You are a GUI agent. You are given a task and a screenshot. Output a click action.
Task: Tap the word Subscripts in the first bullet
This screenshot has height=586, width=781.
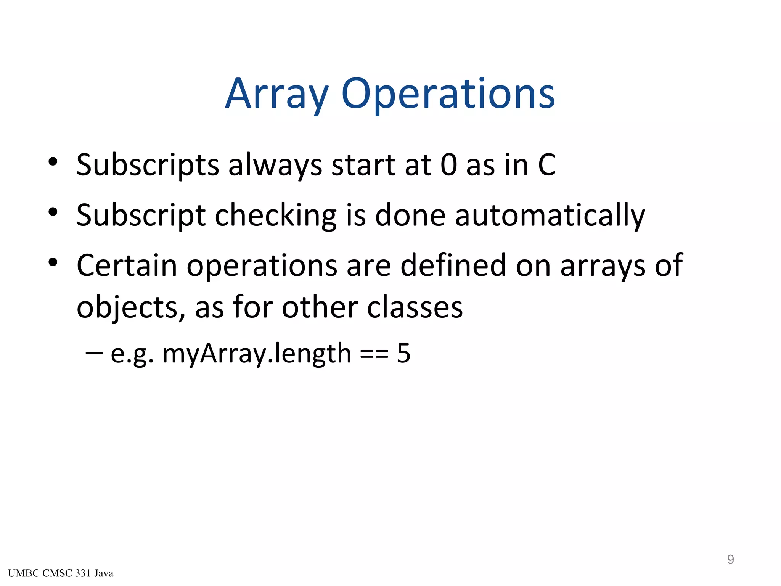(x=148, y=165)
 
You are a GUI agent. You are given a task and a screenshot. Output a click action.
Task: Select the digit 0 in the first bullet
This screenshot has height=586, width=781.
(x=448, y=165)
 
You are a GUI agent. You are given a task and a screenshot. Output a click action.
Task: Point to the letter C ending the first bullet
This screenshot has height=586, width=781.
(x=546, y=165)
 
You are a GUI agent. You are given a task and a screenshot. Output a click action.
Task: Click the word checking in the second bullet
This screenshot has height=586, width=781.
(x=276, y=215)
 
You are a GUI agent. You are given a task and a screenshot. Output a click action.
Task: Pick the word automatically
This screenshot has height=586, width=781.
(x=550, y=215)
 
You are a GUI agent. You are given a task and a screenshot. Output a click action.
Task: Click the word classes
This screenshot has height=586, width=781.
(x=415, y=307)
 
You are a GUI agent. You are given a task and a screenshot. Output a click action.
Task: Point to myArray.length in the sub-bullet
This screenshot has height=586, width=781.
(x=257, y=354)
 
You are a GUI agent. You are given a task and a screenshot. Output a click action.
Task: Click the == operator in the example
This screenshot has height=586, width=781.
(x=374, y=354)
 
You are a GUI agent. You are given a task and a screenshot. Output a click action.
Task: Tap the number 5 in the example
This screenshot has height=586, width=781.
(x=403, y=353)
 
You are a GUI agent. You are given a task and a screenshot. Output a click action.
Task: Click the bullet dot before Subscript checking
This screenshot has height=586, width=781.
(x=53, y=212)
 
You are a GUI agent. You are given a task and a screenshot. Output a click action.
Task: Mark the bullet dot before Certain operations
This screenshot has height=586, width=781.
(x=53, y=262)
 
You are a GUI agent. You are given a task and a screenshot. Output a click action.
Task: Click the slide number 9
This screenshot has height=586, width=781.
(x=730, y=559)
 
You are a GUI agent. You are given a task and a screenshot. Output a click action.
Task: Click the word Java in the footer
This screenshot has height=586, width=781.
(x=104, y=573)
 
